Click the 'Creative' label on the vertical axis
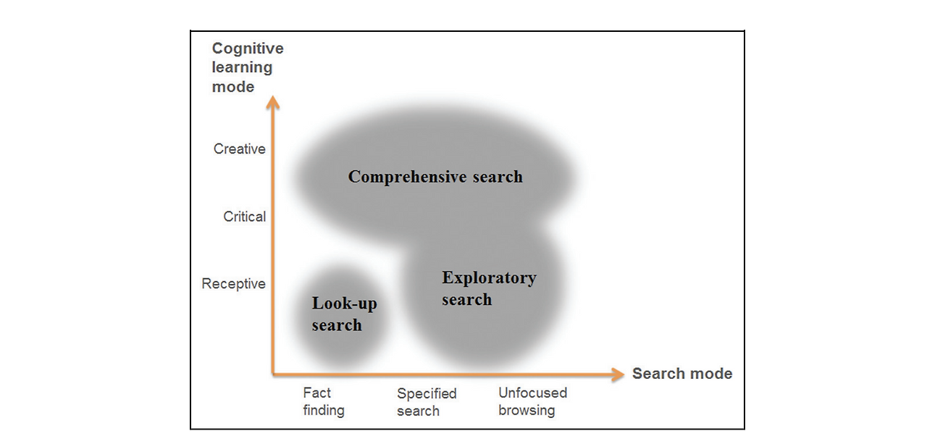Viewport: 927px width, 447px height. tap(239, 149)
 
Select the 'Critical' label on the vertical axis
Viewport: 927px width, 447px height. tap(244, 217)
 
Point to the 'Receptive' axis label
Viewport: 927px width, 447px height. tap(233, 284)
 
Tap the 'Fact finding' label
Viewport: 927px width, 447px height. tap(323, 401)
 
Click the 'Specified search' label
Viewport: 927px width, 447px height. tap(426, 402)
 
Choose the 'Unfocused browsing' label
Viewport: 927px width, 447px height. tap(532, 401)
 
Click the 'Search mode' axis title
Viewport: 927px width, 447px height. tap(681, 374)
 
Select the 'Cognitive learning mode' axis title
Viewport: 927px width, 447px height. tap(247, 67)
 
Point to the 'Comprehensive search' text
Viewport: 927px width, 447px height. tap(435, 177)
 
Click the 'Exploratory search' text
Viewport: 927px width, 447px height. tap(489, 288)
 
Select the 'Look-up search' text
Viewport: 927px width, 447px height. tap(344, 314)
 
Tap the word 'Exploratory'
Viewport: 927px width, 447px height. tap(489, 278)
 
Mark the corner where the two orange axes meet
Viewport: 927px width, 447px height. tap(274, 374)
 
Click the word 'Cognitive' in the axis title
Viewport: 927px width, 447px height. tap(247, 49)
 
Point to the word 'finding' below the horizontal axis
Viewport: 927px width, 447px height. tap(324, 411)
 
